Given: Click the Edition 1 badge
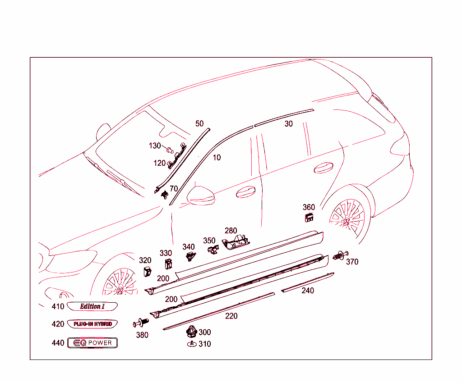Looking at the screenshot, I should click(x=92, y=307).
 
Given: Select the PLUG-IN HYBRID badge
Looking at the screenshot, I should click(x=92, y=324).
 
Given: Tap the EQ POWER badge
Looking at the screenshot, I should click(x=92, y=343).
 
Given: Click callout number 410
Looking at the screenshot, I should click(x=58, y=307).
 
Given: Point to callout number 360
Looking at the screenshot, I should click(x=309, y=208).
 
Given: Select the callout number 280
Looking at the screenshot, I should click(x=231, y=231).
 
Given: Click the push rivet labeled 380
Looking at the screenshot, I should click(x=141, y=323).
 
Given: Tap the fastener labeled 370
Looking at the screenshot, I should click(x=338, y=256).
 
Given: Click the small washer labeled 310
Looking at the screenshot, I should click(x=192, y=344).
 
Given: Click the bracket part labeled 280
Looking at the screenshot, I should click(x=236, y=242).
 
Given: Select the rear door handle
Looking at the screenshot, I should click(x=323, y=168).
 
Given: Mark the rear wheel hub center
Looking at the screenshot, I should click(x=346, y=221).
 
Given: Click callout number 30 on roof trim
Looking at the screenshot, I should click(x=288, y=124).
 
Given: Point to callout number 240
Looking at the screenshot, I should click(x=308, y=291).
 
